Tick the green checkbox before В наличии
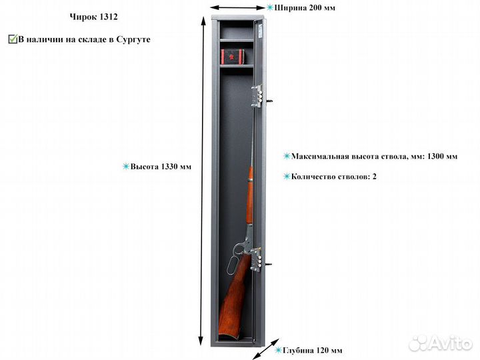click(12, 39)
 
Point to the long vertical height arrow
click(201, 180)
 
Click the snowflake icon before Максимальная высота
click(287, 157)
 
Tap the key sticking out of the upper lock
click(269, 101)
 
